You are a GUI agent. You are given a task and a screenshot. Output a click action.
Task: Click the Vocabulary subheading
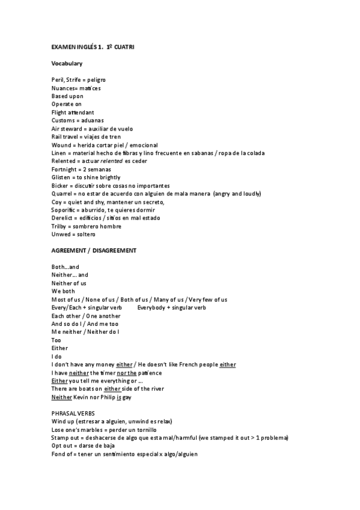pos(67,63)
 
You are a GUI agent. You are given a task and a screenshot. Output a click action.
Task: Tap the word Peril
pos(58,79)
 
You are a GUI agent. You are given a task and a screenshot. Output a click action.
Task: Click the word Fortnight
pos(65,169)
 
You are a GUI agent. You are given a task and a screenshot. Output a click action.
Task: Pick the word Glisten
pos(62,177)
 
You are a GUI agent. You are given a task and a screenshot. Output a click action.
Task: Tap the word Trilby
pos(60,226)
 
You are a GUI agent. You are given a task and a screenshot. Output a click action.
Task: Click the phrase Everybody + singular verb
pos(172,307)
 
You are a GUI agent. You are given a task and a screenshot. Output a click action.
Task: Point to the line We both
pos(63,291)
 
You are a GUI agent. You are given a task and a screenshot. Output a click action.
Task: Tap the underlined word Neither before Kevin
pos(62,397)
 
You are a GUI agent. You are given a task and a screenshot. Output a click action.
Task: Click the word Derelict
pos(63,218)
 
